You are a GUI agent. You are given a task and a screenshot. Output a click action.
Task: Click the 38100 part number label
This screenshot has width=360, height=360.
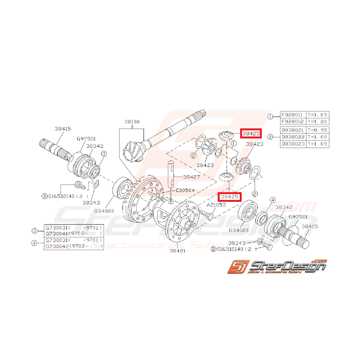tap(132, 121)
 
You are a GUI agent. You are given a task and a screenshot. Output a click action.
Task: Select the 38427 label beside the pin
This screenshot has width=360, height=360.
tap(191, 177)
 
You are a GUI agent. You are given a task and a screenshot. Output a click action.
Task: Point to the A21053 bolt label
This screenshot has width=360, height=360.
tap(216, 205)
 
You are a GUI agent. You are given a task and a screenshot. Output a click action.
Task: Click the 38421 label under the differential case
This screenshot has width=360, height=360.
tap(177, 251)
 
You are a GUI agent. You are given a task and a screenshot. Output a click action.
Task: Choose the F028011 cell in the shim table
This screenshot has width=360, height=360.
tap(292, 115)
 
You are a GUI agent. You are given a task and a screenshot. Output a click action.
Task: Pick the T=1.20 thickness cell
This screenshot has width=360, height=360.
tap(317, 121)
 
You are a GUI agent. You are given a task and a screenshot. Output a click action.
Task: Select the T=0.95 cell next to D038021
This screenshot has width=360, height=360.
tap(317, 130)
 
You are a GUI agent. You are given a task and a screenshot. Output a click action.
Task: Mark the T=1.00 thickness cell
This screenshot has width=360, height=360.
tap(317, 137)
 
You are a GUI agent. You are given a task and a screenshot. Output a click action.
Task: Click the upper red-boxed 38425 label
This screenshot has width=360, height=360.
tap(251, 133)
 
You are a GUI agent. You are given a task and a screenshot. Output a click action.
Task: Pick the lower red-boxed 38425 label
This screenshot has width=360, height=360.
tap(229, 197)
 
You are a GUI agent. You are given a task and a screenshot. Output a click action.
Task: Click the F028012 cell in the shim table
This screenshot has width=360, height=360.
tap(292, 121)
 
